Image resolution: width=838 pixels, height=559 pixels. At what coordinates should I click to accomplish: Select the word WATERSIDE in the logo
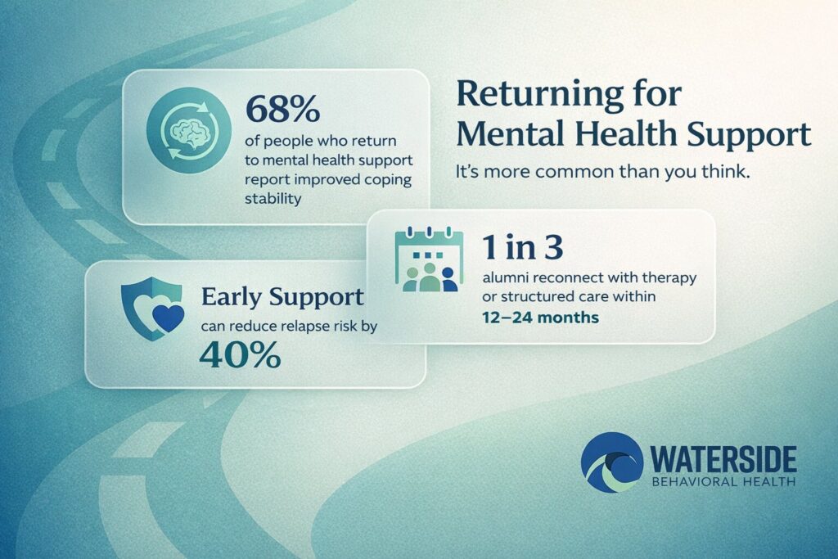[x=727, y=458]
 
